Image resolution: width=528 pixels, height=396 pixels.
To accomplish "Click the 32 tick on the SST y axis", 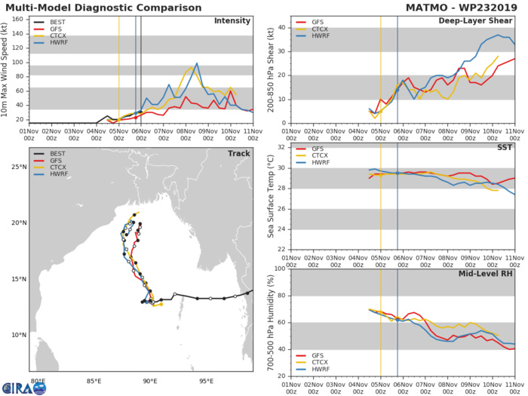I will [x=282, y=147].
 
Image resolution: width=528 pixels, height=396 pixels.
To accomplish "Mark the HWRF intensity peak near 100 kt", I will [x=197, y=63].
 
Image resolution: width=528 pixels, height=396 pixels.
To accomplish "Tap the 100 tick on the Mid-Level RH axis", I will [x=280, y=269].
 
